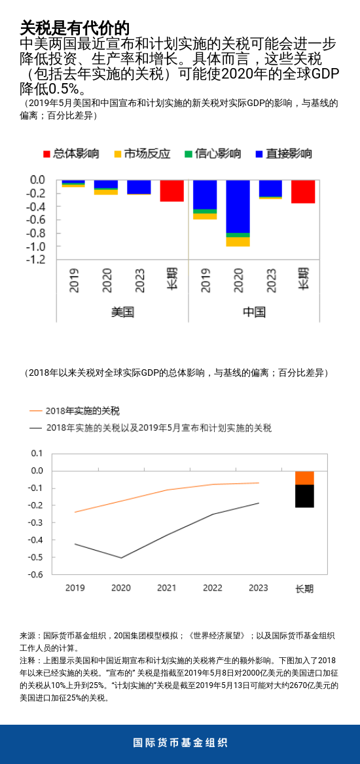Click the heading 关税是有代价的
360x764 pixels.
point(74,27)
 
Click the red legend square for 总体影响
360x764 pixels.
point(46,154)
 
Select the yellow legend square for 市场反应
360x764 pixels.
point(118,154)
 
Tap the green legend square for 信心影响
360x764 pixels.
point(189,154)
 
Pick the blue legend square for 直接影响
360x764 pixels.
point(260,154)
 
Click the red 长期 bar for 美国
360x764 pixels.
point(171,191)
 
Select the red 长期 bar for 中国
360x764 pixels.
point(303,192)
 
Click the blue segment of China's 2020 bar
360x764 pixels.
point(238,206)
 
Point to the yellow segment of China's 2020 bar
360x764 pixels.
point(238,242)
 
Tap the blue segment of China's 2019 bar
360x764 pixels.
point(205,194)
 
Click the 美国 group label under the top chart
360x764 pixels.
point(122,312)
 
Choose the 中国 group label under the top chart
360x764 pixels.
point(254,312)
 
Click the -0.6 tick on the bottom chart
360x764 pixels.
point(37,574)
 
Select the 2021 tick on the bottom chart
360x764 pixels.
point(166,588)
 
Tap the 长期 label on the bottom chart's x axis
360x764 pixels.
point(304,589)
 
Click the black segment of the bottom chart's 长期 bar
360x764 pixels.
point(304,496)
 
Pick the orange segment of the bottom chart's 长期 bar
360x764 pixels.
point(304,477)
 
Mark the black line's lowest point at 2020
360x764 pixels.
point(121,558)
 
